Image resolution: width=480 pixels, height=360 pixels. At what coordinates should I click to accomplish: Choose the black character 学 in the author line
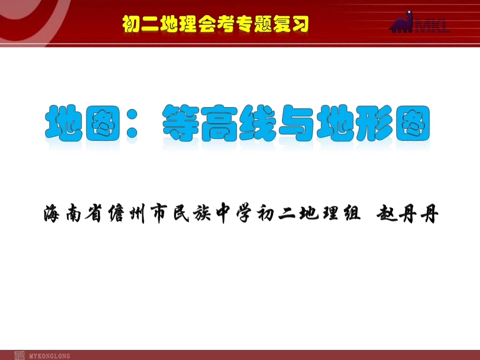coord(248,215)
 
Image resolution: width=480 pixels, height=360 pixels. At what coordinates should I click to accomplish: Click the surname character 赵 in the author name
coord(388,215)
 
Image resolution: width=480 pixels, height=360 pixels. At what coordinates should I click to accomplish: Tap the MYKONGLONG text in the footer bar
coord(50,356)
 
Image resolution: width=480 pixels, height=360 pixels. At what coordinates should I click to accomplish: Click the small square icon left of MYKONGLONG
coord(19,355)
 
